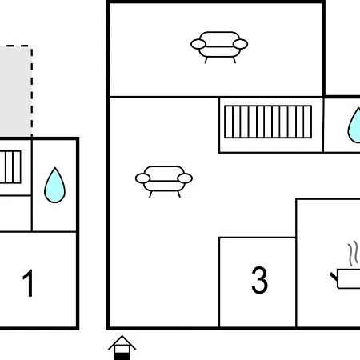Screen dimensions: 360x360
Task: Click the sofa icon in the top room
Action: (x=219, y=47)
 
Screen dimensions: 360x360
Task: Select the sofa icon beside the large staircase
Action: (x=164, y=182)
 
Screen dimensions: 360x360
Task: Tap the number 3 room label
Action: (x=259, y=280)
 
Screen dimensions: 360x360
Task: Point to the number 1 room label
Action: (x=28, y=282)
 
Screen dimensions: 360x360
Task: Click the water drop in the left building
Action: (x=54, y=185)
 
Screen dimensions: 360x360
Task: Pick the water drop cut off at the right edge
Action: (x=354, y=126)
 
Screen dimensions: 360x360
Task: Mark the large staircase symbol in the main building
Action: (x=268, y=122)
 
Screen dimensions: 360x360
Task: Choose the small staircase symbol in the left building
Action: (x=10, y=167)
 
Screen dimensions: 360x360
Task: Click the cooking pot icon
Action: (x=346, y=278)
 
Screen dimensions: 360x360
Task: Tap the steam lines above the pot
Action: (x=353, y=254)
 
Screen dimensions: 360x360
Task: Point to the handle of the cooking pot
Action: (x=334, y=277)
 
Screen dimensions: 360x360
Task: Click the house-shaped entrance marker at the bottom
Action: (x=122, y=347)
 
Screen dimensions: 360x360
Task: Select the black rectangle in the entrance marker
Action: (x=122, y=356)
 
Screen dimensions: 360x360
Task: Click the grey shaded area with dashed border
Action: (x=15, y=91)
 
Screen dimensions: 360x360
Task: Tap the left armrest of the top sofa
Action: (x=198, y=44)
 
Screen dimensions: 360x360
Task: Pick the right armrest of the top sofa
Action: (x=240, y=44)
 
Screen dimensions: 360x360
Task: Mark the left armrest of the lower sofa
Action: (x=143, y=178)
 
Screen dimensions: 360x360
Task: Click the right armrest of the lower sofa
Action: (x=185, y=178)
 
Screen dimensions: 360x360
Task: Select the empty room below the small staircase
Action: (x=15, y=214)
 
